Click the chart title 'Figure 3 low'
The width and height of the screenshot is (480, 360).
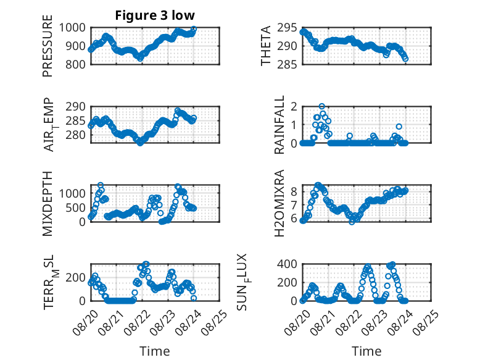pos(155,15)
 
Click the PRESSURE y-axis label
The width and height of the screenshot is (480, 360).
pos(48,46)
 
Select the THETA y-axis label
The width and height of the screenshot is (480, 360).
pos(266,46)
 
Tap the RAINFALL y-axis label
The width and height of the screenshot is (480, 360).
pos(279,125)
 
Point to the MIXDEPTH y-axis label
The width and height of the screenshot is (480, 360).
pos(48,204)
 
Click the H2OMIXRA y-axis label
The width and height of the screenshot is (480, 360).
pos(279,203)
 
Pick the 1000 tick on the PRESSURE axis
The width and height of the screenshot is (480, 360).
pos(72,28)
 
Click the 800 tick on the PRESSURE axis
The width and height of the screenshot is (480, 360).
pos(76,64)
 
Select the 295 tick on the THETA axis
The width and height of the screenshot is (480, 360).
pos(287,28)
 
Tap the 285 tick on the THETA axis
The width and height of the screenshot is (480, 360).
pos(287,64)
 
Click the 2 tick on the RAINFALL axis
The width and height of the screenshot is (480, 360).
pos(294,107)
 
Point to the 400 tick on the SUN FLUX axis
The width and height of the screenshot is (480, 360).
pos(287,264)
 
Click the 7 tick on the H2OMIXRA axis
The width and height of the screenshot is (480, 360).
pos(294,205)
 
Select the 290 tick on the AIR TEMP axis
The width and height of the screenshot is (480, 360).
pos(76,107)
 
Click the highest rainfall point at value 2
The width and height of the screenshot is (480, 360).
pos(321,106)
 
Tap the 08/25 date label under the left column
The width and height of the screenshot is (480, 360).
pos(215,322)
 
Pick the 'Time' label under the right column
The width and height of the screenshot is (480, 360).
pos(366,351)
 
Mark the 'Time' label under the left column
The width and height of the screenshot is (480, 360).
pos(155,351)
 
